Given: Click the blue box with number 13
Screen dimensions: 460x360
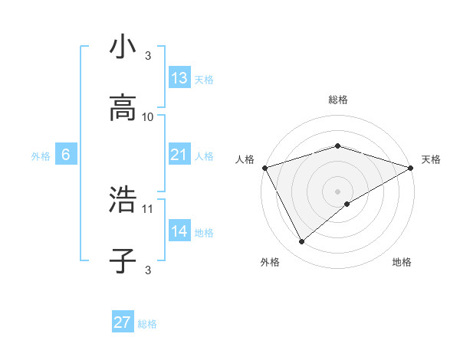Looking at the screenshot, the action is [x=179, y=78].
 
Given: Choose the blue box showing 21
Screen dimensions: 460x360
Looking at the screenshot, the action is [x=179, y=155].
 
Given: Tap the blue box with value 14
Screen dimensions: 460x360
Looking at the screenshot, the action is [x=179, y=231].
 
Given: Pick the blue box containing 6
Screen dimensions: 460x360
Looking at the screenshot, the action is [x=66, y=155].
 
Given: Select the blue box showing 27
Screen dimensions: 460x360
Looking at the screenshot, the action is [x=123, y=322].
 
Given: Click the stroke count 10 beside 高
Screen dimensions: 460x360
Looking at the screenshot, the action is [x=148, y=116].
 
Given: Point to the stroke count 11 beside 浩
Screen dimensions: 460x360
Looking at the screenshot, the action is [x=148, y=208].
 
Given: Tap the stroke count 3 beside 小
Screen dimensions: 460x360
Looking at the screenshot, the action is [x=148, y=56].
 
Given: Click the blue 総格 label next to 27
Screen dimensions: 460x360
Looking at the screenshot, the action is [x=147, y=324].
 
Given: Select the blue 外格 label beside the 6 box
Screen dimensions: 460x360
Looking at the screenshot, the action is [x=41, y=156].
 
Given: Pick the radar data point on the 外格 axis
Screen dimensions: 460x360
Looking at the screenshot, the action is [x=302, y=242].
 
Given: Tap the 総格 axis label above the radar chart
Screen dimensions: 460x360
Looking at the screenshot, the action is [x=337, y=100].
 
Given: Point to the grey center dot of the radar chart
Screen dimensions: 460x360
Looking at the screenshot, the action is [x=337, y=191].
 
